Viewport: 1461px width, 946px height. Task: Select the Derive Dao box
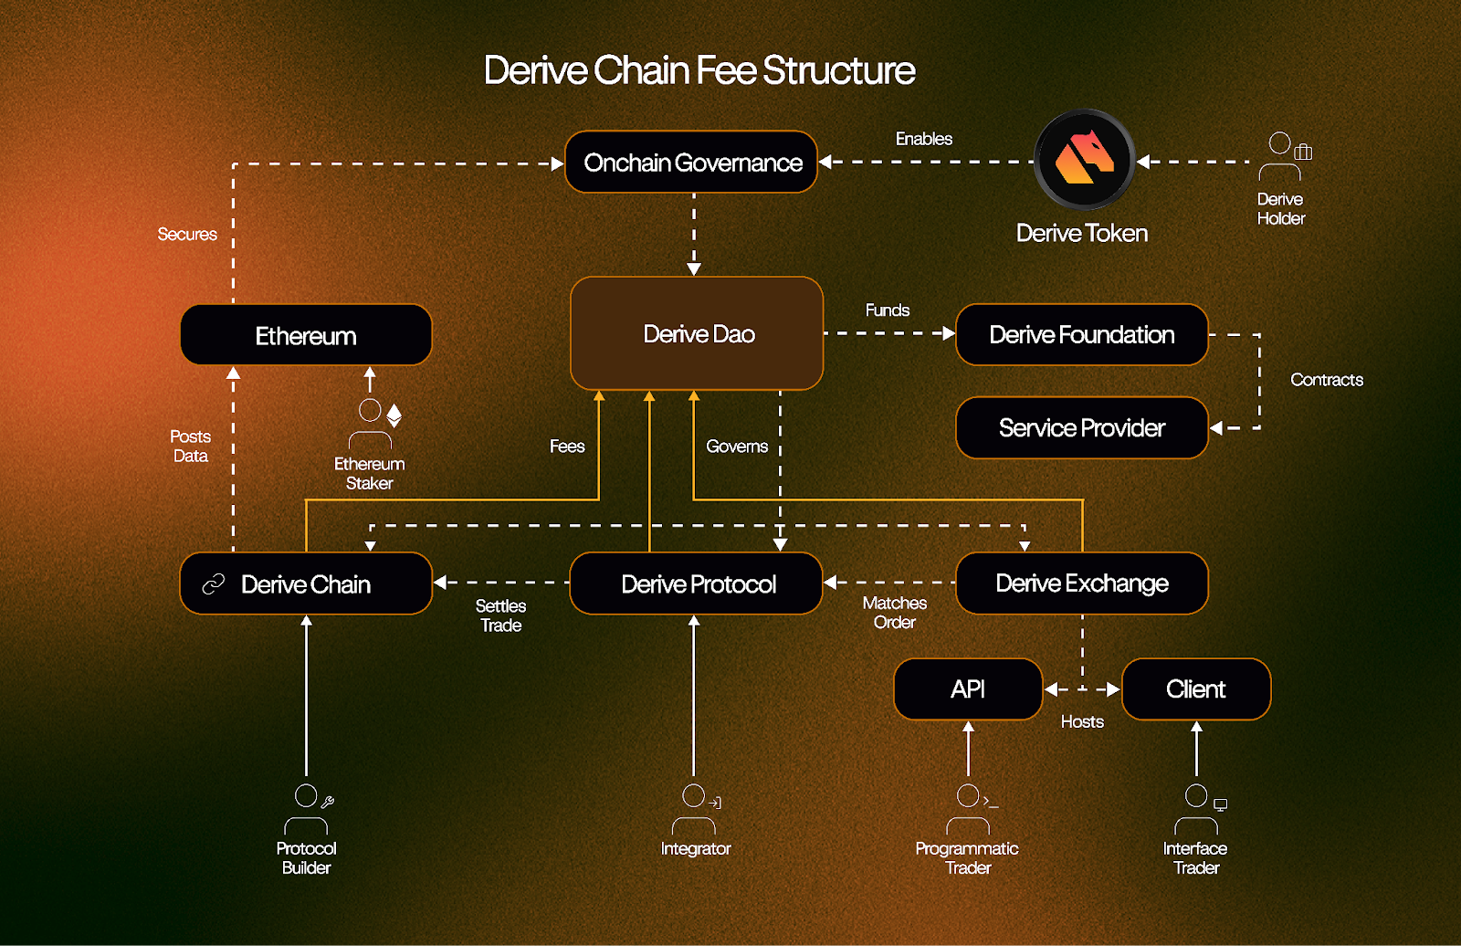tap(698, 334)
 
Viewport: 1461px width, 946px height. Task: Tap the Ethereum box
tap(306, 336)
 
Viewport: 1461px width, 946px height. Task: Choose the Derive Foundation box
tap(1082, 335)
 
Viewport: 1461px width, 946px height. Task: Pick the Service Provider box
tap(1082, 428)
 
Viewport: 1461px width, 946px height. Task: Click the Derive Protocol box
tap(698, 584)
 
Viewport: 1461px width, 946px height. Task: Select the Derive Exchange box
tap(1082, 583)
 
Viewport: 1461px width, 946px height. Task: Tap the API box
tap(968, 689)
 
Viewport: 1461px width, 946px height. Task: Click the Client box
tap(1196, 689)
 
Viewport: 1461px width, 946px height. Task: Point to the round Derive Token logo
tap(1085, 160)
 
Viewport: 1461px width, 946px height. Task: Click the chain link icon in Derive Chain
tap(214, 584)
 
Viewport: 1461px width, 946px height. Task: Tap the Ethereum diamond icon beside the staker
tap(394, 415)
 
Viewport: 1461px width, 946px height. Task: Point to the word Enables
tap(924, 139)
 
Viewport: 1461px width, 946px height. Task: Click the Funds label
tap(888, 310)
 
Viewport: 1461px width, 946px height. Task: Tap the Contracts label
tap(1327, 380)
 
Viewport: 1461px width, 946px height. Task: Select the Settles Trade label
tap(501, 615)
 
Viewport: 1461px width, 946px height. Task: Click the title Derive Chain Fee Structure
tap(699, 70)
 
